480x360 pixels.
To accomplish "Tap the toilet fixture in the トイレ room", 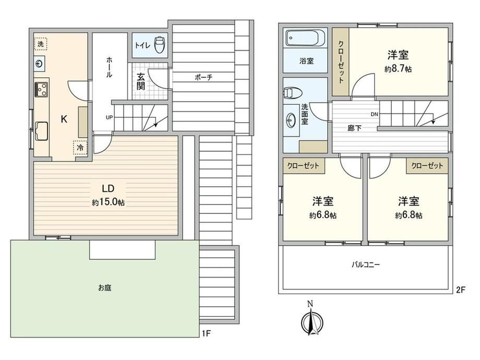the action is click(x=159, y=45).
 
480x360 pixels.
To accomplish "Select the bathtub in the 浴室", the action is click(x=305, y=38).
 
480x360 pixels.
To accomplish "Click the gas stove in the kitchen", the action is click(x=41, y=90).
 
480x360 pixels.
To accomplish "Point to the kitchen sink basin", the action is click(x=41, y=131).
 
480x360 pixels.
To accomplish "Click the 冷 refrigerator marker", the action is click(x=80, y=148).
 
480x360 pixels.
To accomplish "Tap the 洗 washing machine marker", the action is click(x=40, y=44).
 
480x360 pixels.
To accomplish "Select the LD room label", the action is click(x=108, y=188).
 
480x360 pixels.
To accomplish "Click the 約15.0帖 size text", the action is click(x=108, y=202).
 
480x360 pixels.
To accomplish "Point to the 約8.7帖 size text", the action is click(x=398, y=69).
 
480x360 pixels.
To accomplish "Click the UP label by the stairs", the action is click(x=109, y=117).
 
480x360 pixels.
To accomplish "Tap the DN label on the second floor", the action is click(x=375, y=114).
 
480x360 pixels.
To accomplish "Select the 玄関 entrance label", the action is click(x=140, y=81).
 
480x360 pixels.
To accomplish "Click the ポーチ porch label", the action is click(x=203, y=77).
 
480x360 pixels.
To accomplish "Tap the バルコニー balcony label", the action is click(x=366, y=264).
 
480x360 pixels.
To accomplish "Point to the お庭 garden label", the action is click(x=105, y=288).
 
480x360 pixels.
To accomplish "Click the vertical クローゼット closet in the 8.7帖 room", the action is click(x=341, y=62).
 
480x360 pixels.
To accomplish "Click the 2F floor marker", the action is click(x=461, y=290).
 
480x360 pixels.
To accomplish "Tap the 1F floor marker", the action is click(x=206, y=333).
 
